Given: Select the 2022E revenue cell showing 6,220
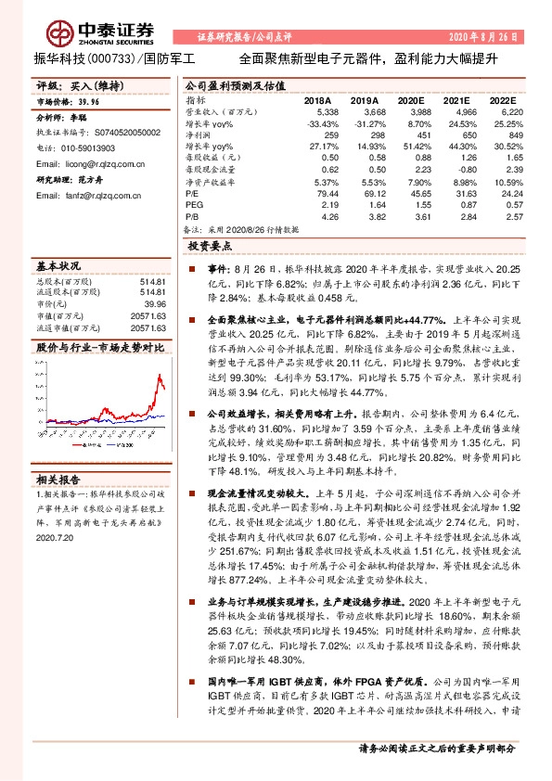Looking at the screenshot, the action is (510, 111).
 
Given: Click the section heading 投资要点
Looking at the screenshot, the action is (212, 248).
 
